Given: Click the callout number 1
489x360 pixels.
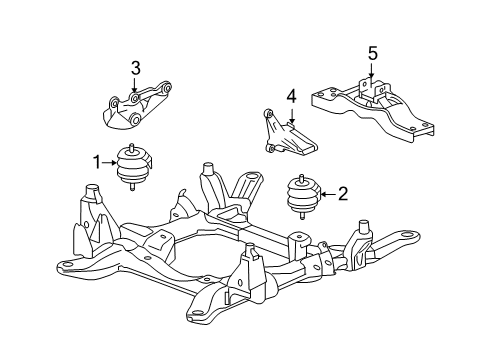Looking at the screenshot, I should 98,161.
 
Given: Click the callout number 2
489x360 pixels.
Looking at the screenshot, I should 341,194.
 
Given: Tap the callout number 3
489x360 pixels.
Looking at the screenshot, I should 136,69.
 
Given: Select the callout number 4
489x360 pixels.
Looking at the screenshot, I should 292,97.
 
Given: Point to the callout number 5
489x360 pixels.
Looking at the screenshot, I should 372,52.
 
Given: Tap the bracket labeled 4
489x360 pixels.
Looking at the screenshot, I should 288,135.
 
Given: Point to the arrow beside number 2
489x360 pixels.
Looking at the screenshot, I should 326,194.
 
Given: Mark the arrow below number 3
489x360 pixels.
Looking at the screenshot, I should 136,84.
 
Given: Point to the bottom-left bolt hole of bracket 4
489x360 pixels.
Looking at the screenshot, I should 270,149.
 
